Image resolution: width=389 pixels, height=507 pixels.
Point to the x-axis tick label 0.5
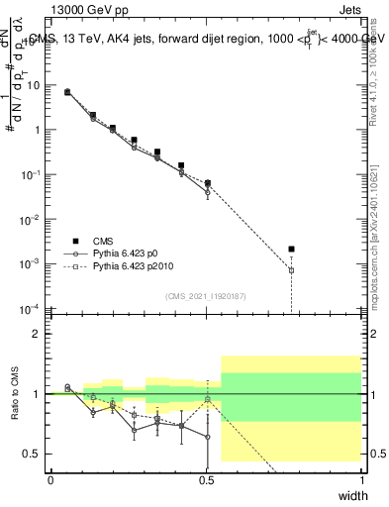(x=206, y=480)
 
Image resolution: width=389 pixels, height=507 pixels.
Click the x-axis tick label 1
(x=361, y=480)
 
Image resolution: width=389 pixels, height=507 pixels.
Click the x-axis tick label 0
(x=50, y=480)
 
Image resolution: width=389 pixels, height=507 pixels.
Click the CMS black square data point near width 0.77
(x=291, y=250)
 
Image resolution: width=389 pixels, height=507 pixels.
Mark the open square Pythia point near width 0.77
(x=291, y=270)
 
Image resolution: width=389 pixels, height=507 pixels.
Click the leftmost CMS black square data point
(x=67, y=92)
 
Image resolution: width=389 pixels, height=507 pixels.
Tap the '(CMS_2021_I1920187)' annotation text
(x=205, y=296)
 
